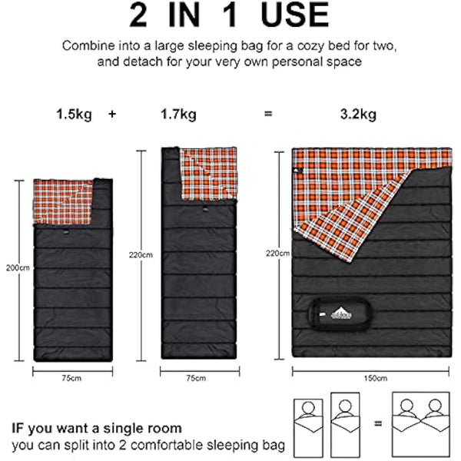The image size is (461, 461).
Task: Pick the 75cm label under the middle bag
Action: [x=196, y=377]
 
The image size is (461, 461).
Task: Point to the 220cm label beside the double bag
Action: [x=276, y=252]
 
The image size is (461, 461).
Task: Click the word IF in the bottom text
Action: [x=19, y=428]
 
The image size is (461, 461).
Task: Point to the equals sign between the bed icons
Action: [x=376, y=423]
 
